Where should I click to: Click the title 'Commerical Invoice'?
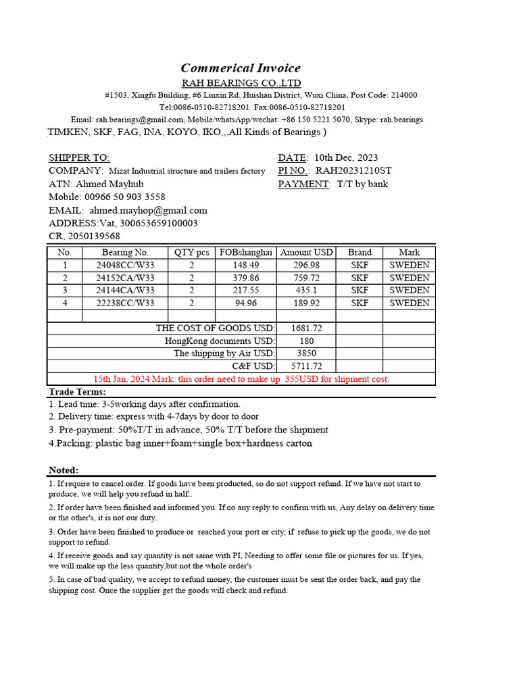(241, 68)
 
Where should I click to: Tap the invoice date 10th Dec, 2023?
(346, 157)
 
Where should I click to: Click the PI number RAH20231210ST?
(353, 171)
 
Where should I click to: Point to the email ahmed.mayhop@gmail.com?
(148, 210)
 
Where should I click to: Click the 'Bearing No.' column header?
(125, 252)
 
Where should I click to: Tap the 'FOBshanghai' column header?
(246, 252)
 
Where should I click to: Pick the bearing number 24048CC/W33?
(125, 265)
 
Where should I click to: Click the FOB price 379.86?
(246, 278)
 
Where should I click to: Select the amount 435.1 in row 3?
(307, 290)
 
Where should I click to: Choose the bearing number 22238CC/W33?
(125, 303)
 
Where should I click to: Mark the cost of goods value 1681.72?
(307, 328)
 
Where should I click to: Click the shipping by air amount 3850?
(307, 353)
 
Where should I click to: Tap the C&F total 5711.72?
(307, 366)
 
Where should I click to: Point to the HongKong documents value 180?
(307, 341)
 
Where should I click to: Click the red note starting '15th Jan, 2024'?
(241, 379)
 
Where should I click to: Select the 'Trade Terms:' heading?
(77, 392)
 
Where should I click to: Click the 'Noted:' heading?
(64, 470)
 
